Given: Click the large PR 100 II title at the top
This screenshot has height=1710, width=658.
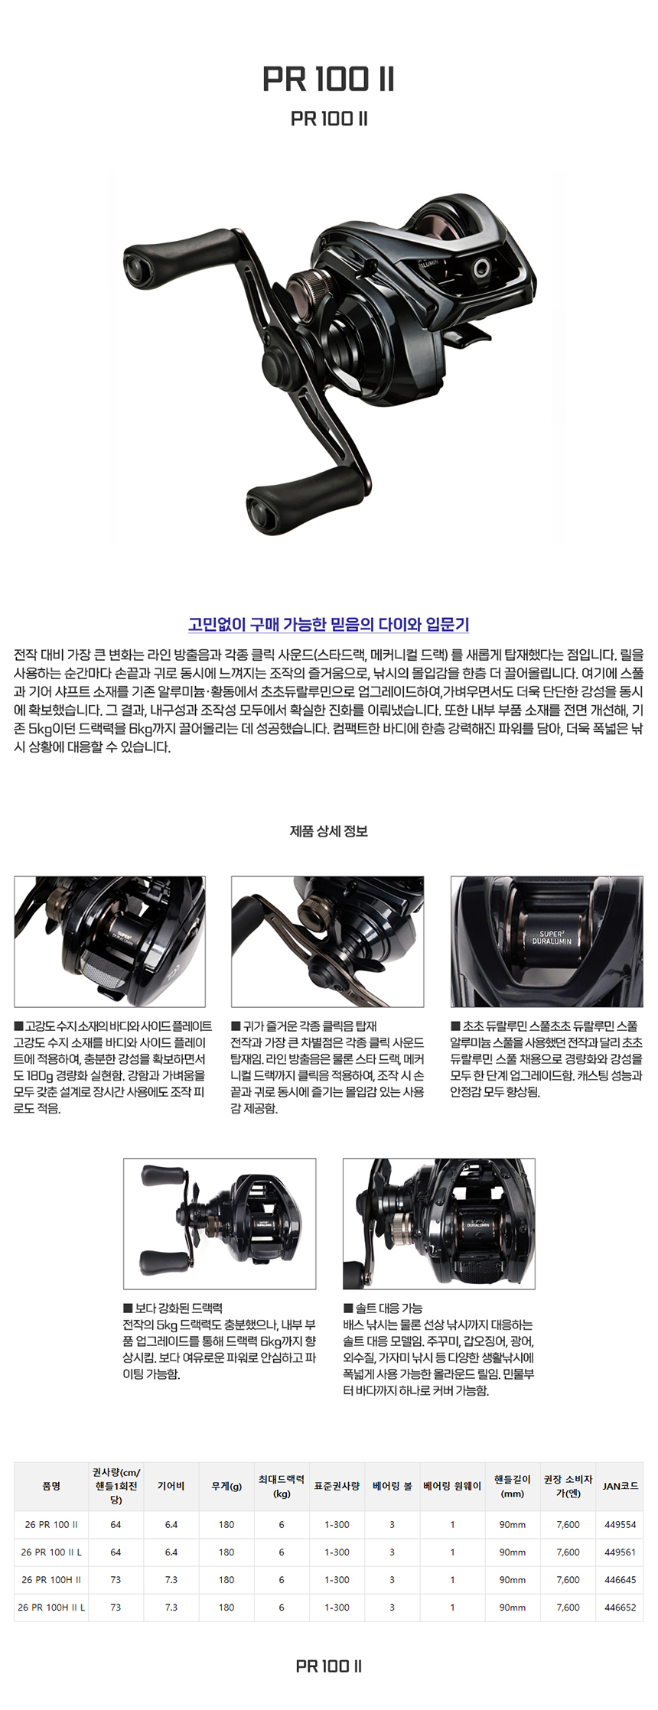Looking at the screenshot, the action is click(329, 80).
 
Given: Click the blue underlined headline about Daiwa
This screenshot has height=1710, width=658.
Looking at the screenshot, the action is click(329, 624).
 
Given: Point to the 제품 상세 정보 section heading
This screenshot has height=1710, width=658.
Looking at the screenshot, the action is click(329, 831).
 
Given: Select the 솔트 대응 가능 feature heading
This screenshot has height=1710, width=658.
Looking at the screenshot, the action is click(383, 1308).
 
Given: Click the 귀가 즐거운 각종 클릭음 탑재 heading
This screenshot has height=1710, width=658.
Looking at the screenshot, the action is click(304, 1026).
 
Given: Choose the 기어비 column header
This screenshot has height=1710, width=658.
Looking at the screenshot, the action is click(171, 1485).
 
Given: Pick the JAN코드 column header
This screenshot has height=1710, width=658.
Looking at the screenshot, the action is click(621, 1485).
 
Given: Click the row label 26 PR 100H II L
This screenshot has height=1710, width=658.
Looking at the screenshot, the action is click(51, 1607).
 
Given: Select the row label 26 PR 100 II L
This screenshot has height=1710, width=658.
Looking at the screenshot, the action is click(51, 1552).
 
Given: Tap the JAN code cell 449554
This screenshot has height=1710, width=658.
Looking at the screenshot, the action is click(621, 1524).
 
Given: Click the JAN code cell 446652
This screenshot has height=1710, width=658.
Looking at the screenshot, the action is click(621, 1607).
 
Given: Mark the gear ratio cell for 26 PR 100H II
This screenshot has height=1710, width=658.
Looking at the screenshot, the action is click(171, 1579).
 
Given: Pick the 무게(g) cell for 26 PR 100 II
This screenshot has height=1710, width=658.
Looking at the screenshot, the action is click(226, 1524).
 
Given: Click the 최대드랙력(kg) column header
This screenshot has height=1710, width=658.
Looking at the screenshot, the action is click(282, 1486).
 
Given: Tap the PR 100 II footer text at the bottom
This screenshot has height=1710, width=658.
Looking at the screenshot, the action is click(329, 1666).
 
